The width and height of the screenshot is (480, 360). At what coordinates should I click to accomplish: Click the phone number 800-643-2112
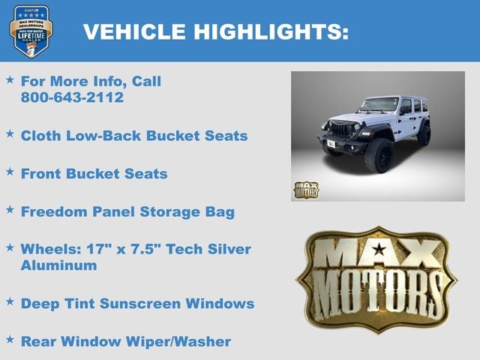[72, 97]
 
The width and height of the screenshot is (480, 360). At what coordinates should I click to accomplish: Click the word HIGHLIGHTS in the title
[271, 31]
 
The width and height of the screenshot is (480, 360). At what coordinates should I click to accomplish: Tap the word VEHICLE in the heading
[134, 31]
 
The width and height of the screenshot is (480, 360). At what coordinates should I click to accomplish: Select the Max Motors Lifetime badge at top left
[31, 31]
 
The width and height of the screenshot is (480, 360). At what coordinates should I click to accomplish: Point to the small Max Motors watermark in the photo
[305, 190]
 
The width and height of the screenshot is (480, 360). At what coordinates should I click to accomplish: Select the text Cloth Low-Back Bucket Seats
[134, 136]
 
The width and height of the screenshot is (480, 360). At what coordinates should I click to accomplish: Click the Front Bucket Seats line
[94, 173]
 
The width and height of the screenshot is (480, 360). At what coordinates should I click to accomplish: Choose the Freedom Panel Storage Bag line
[127, 211]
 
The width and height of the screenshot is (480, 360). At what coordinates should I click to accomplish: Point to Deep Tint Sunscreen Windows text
[137, 304]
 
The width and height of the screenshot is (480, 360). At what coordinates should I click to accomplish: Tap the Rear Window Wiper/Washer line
[125, 341]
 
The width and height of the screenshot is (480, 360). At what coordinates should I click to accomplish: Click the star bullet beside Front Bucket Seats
[10, 172]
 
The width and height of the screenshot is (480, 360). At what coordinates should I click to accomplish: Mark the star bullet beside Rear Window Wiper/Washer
[10, 340]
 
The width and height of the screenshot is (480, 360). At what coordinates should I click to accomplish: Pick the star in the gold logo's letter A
[379, 248]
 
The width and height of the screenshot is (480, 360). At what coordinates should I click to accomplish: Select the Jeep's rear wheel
[424, 135]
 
